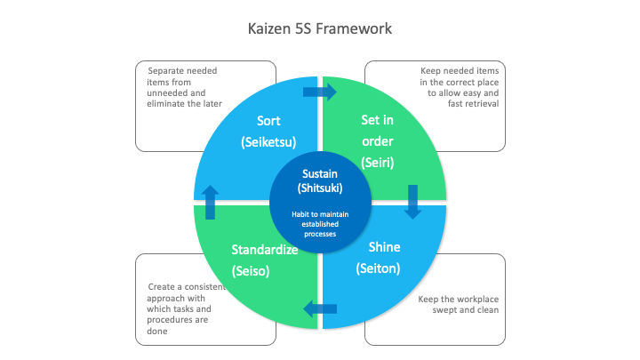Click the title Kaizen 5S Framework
319,28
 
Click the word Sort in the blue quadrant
268,121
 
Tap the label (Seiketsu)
268,141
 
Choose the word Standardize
264,249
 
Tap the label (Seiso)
252,270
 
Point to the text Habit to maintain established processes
319,224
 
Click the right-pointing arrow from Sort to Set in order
320,92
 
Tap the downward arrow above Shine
412,201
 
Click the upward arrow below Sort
210,202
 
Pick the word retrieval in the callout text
478,103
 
